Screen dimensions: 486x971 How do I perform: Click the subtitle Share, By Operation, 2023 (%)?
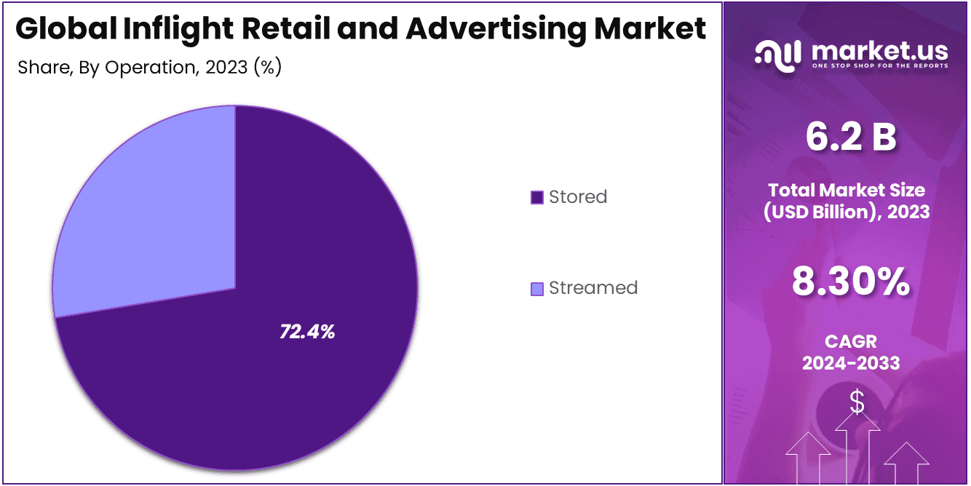[149, 67]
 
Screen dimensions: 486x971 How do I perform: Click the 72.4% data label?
[307, 332]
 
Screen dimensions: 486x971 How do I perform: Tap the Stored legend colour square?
[537, 197]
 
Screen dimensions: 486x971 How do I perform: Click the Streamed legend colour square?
[537, 288]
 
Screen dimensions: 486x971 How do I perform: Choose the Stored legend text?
[578, 197]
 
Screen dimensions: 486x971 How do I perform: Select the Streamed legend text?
[593, 288]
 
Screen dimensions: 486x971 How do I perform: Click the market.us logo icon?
[778, 55]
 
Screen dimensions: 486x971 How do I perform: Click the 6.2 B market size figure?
[851, 137]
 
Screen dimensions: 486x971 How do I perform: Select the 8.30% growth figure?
[851, 282]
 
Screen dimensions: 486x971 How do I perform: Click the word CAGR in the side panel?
[851, 341]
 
